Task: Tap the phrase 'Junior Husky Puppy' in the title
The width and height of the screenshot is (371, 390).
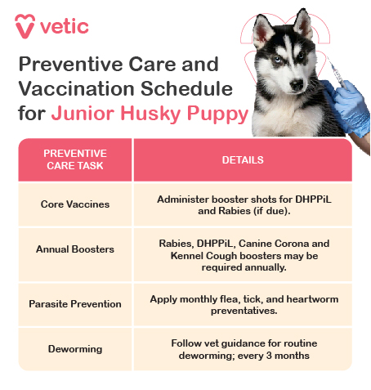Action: [x=150, y=113]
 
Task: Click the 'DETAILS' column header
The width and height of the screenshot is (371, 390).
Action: [x=243, y=159]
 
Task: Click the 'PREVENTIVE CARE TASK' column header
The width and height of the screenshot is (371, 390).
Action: [x=74, y=159]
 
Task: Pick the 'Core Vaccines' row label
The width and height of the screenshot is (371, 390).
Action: [x=74, y=204]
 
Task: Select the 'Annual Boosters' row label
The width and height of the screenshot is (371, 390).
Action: [x=74, y=249]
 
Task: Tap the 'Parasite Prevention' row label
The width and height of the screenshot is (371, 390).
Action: [x=74, y=303]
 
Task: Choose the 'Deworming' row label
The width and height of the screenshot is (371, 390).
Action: [x=74, y=348]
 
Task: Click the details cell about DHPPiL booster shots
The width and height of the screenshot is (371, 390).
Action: [x=243, y=204]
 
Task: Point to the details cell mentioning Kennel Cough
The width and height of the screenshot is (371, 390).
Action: [x=243, y=255]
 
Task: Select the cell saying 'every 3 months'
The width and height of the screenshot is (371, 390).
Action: [x=243, y=349]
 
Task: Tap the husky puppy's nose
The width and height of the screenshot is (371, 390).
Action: [x=290, y=83]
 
